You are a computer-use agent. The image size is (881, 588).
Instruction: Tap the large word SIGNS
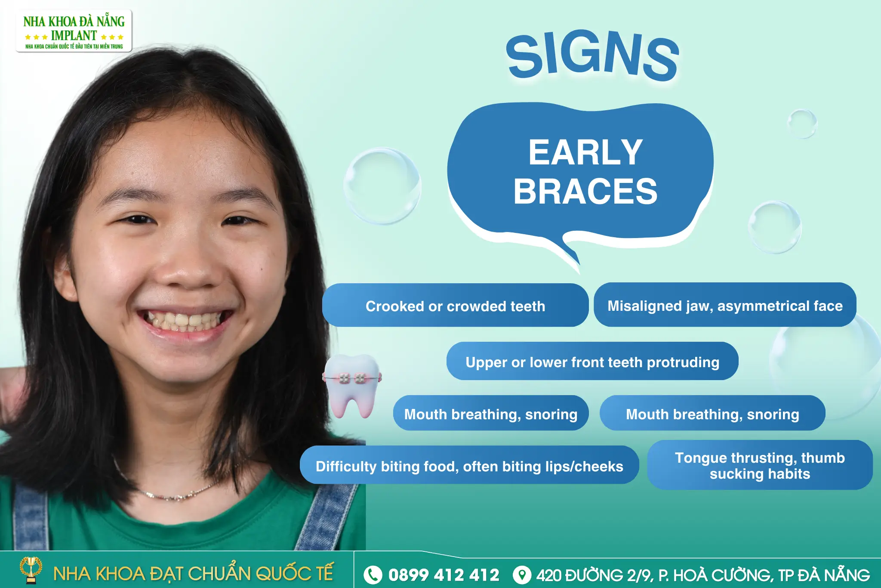[592, 56]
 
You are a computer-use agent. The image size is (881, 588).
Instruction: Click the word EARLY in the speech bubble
[585, 153]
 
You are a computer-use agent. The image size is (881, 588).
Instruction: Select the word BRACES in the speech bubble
[585, 192]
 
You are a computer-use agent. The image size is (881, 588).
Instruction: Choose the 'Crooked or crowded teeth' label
[455, 306]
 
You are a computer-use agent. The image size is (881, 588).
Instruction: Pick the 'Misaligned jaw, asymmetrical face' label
[725, 306]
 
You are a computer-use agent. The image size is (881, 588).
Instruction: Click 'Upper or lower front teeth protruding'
[592, 362]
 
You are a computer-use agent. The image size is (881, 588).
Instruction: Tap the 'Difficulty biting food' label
[469, 466]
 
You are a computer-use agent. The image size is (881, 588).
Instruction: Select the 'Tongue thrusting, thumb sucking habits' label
[760, 465]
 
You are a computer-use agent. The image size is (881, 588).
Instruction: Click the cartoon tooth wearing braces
[352, 385]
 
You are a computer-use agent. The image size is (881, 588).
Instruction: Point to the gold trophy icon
[31, 569]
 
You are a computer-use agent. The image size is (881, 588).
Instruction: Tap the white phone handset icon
[373, 575]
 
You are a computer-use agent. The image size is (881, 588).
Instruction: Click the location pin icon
[522, 575]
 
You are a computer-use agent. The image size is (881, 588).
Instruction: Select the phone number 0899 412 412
[444, 575]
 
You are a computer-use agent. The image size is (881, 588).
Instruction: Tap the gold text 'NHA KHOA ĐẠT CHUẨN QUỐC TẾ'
[193, 574]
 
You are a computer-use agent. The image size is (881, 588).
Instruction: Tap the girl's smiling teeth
[185, 321]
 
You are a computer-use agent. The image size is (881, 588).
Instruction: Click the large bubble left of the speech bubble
[382, 186]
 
